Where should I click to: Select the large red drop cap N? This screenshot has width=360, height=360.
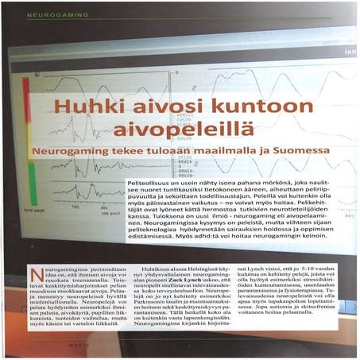(x=36, y=276)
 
